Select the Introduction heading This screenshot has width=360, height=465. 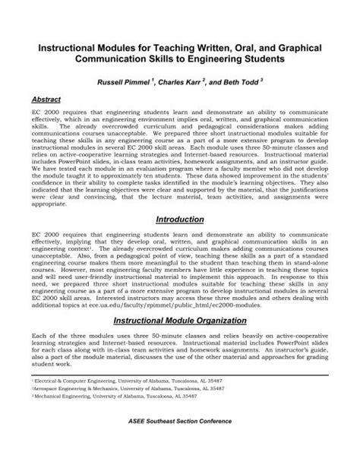[180, 219]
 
